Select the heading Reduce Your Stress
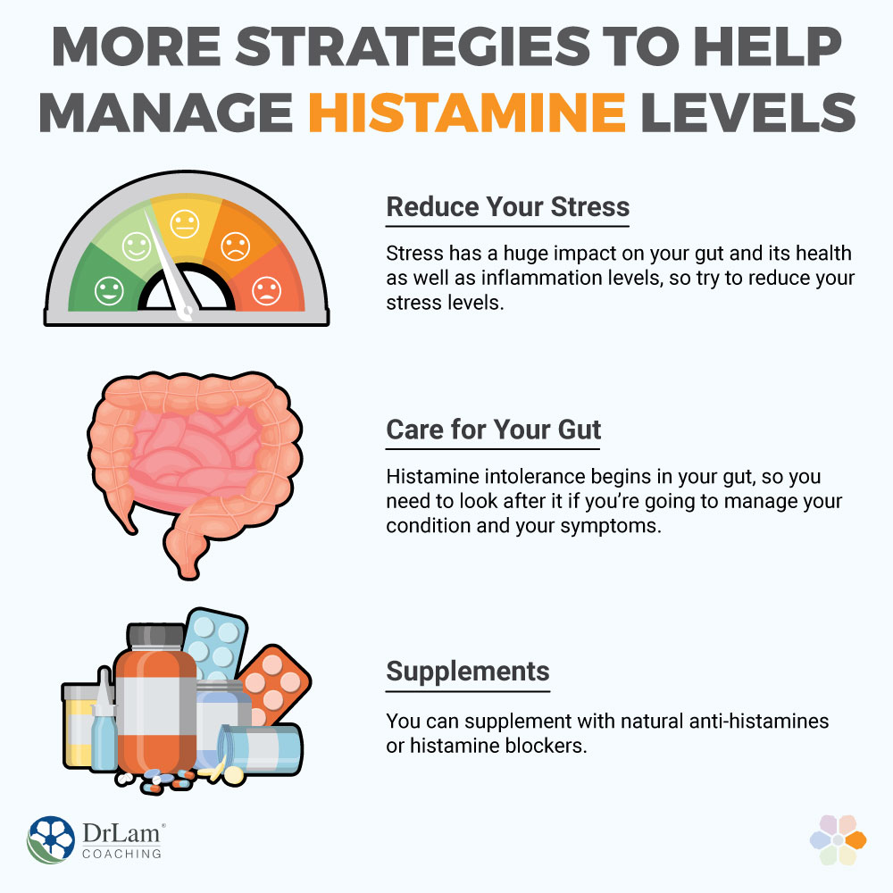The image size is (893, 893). (x=507, y=207)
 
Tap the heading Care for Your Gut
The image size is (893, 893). (x=493, y=430)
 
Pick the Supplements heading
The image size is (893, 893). (x=467, y=671)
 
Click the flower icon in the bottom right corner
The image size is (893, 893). (x=838, y=839)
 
